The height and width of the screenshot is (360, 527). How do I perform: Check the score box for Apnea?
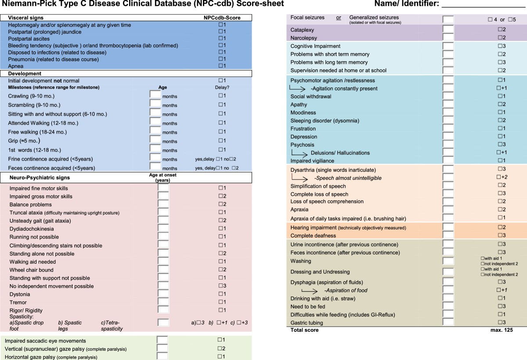(x=220, y=65)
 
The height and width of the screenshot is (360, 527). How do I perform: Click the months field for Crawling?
(x=155, y=95)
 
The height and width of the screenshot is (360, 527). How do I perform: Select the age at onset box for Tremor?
(x=163, y=302)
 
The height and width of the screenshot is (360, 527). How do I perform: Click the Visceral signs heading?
(x=25, y=18)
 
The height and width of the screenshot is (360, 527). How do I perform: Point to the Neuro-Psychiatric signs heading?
(x=40, y=178)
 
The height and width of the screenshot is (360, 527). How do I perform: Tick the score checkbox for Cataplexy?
(x=499, y=29)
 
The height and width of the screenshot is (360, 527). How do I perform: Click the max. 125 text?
(x=501, y=330)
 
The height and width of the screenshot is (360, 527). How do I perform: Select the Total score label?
(x=305, y=330)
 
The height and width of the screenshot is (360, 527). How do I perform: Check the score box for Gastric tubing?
(x=499, y=322)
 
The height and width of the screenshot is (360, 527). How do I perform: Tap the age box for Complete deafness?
(x=448, y=236)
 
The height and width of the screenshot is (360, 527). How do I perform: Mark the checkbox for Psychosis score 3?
(x=499, y=145)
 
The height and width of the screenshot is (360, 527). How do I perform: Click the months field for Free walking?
(x=155, y=131)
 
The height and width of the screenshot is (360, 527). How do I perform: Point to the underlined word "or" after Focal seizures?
(x=339, y=18)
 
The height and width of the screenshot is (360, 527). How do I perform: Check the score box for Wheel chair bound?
(x=220, y=270)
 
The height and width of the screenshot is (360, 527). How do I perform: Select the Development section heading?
(x=25, y=73)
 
